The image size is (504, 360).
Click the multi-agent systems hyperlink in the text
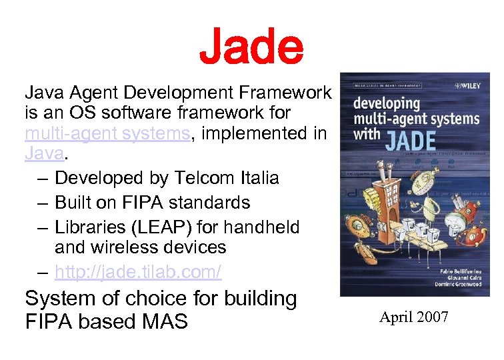107,133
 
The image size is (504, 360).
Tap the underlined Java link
43,155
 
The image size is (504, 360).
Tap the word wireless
127,248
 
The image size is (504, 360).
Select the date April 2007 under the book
414,317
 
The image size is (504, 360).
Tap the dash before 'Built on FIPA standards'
43,203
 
